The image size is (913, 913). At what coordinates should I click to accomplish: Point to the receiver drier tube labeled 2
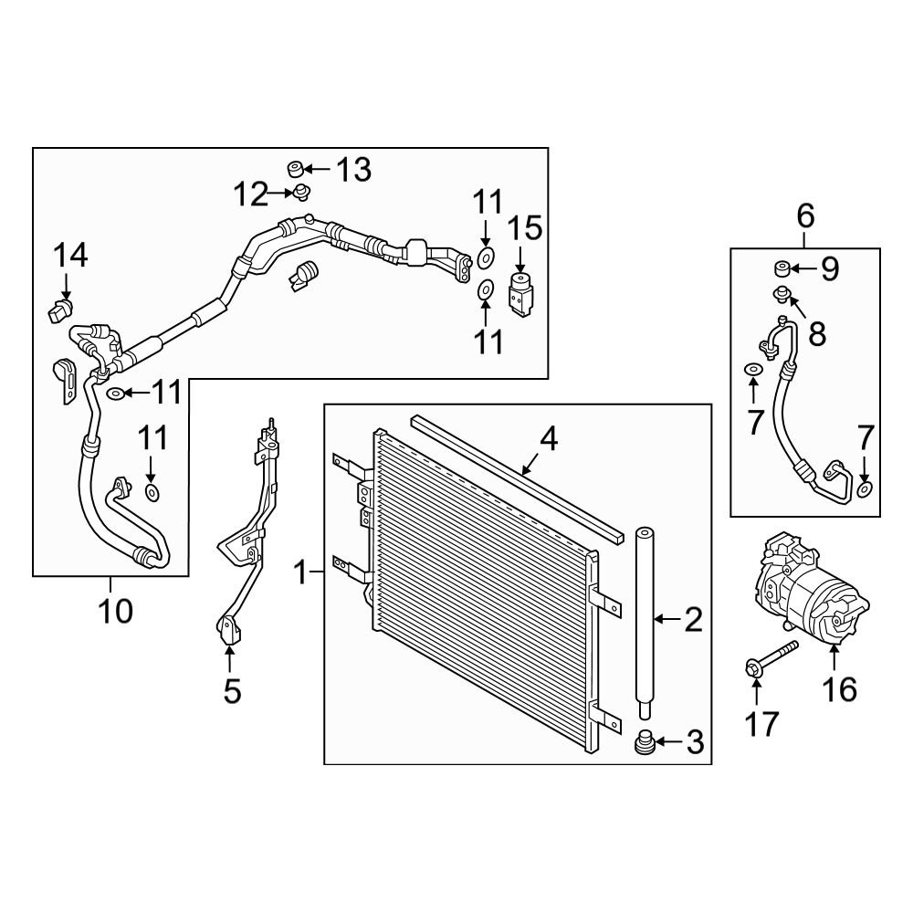pos(645,621)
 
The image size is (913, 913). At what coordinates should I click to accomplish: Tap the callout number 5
pos(232,691)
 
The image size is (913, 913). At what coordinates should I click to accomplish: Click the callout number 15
pos(524,228)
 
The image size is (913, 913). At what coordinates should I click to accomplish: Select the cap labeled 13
pos(295,169)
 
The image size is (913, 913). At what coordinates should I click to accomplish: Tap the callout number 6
pos(805,217)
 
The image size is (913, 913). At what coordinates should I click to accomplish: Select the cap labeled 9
pos(781,268)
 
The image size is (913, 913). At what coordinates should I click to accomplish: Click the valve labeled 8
pos(782,294)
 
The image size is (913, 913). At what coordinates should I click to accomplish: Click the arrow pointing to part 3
pos(667,743)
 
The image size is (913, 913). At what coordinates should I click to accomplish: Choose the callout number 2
pos(693,621)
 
